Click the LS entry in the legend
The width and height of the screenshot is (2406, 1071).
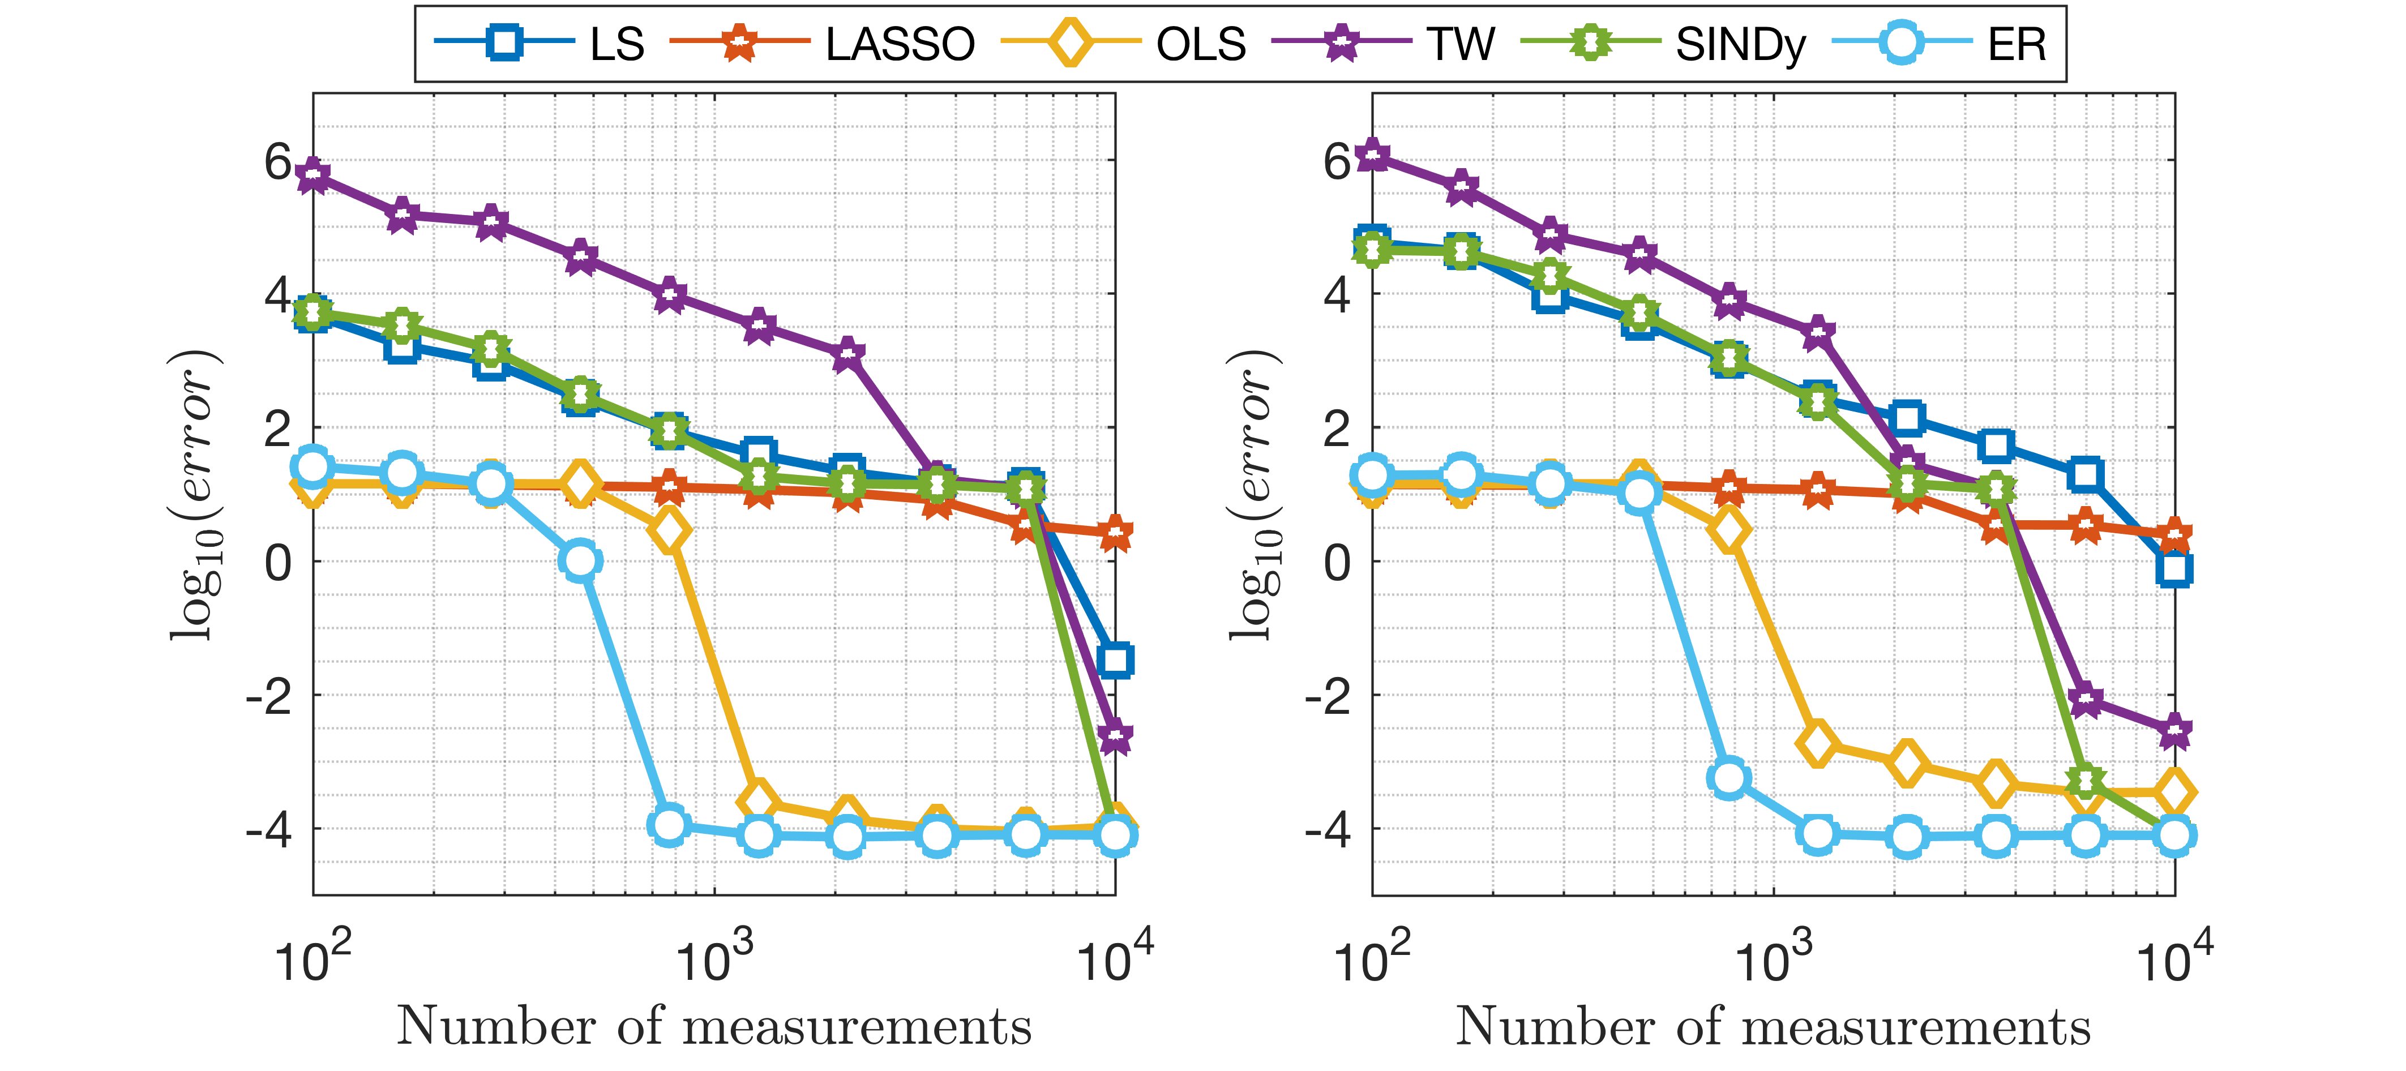(x=617, y=44)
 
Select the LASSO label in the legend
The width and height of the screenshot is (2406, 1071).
(x=900, y=44)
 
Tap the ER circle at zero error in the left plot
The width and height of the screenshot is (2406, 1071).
(x=580, y=560)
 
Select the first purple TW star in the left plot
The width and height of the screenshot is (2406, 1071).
(x=313, y=174)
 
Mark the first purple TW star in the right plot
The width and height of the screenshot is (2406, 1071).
(x=1372, y=154)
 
